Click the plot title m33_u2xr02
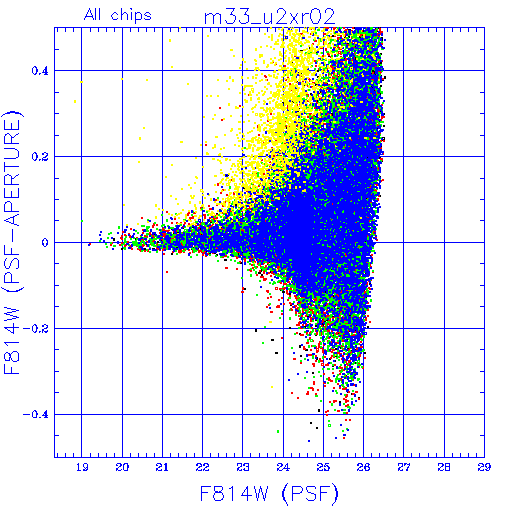coord(269,17)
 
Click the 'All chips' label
coord(118,15)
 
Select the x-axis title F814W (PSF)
coord(269,493)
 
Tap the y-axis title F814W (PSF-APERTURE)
coord(13,242)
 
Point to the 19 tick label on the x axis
coord(82,467)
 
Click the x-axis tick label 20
coord(122,467)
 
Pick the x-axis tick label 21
coord(162,467)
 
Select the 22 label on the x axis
coord(202,467)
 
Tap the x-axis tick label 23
coord(243,467)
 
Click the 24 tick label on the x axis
coord(283,467)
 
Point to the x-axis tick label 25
coord(323,467)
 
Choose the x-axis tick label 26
coord(363,467)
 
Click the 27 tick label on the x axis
coord(404,467)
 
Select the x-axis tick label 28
coord(444,467)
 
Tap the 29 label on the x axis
coord(484,467)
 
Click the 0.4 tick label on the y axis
coord(40,71)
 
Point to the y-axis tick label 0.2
coord(40,157)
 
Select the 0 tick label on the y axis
coord(45,243)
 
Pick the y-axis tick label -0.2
coord(36,329)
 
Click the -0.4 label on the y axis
coord(36,415)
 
